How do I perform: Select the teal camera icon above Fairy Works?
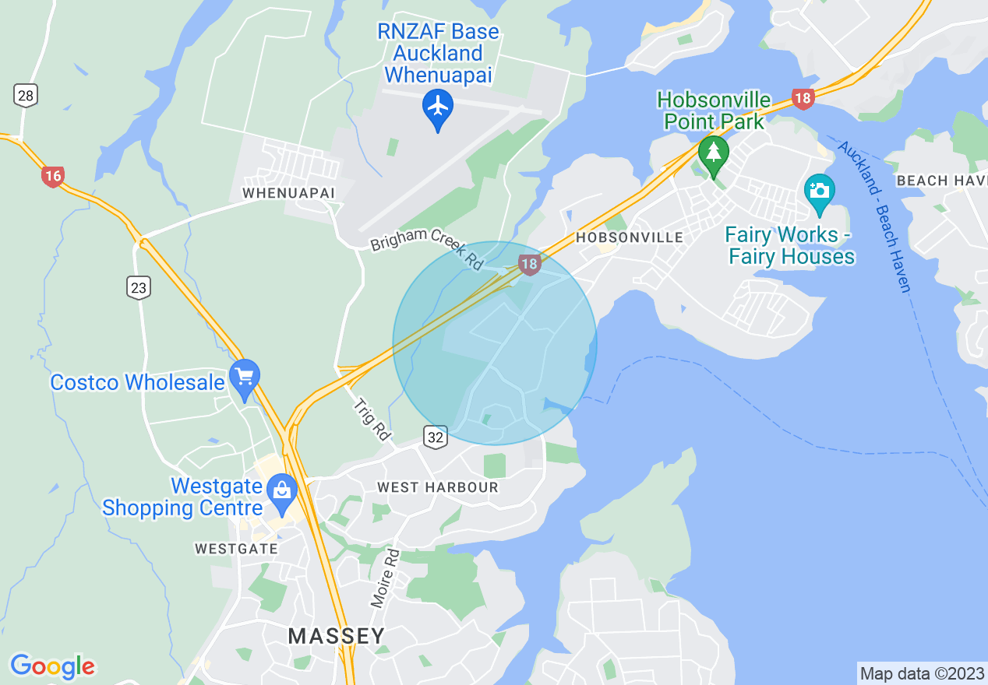coord(819,191)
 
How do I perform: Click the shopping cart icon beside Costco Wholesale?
coord(245,378)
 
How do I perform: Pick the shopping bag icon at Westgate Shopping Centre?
coord(281,490)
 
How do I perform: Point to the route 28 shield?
coord(26,96)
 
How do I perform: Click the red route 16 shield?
coord(52,177)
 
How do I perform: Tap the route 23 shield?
coord(139,288)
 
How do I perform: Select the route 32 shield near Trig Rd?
coord(436,437)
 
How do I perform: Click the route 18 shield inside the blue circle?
coord(529,265)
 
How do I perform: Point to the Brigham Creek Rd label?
coord(427,248)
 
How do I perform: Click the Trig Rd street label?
coord(372,420)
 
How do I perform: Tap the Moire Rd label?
coord(385,578)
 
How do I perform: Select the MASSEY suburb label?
coord(337,636)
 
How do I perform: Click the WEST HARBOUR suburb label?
coord(437,487)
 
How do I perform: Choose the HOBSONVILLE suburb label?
coord(629,237)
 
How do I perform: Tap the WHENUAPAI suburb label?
coord(288,192)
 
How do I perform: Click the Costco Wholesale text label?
coord(137,382)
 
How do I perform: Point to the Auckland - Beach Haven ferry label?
coord(873,216)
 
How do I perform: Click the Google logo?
coord(52,666)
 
